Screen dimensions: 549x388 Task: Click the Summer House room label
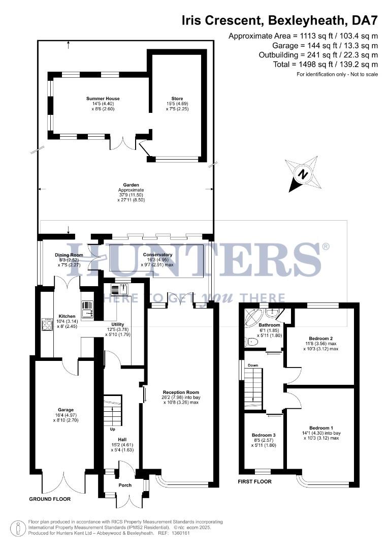(103, 99)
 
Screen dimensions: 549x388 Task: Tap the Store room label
(177, 99)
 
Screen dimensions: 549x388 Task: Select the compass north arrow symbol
(303, 174)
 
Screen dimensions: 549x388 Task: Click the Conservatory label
(157, 255)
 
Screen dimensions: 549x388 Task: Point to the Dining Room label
(69, 255)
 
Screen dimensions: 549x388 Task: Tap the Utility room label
(118, 324)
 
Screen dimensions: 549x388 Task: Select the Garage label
(66, 410)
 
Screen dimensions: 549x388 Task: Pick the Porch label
(125, 485)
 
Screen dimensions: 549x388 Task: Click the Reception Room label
(180, 392)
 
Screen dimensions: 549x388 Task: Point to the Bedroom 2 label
(320, 338)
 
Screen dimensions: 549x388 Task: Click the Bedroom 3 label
(264, 435)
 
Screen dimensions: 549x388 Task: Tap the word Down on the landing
(253, 365)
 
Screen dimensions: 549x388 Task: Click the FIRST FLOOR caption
(255, 481)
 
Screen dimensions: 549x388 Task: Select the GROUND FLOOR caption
(50, 499)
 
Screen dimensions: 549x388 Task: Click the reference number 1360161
(180, 533)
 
